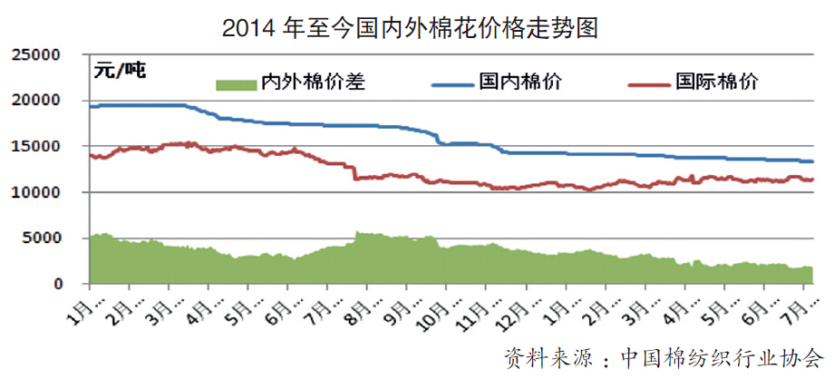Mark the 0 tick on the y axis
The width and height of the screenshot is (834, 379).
55,285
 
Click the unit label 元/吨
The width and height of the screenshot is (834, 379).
121,70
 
